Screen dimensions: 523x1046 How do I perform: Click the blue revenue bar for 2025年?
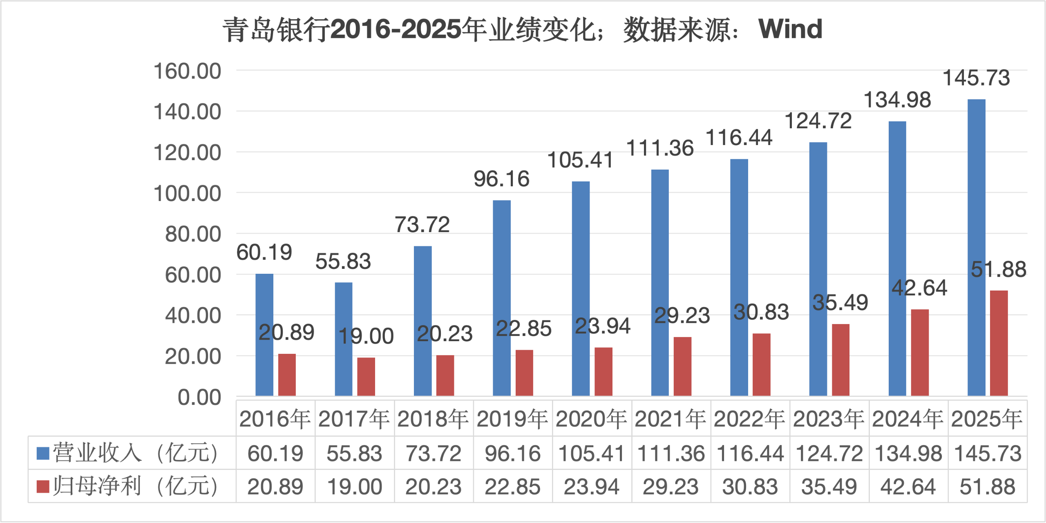[976, 247]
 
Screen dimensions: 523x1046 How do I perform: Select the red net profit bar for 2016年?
[287, 375]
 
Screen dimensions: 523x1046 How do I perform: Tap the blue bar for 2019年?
[502, 298]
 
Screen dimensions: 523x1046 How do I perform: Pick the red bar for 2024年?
[920, 352]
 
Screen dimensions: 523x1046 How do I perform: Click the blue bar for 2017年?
[344, 339]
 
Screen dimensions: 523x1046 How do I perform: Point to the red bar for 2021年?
[682, 366]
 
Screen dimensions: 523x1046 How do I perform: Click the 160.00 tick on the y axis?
[187, 71]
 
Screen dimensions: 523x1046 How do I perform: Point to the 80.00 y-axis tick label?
[193, 235]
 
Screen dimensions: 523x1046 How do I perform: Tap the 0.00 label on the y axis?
[199, 398]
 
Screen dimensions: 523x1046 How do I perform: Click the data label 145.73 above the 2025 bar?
[976, 78]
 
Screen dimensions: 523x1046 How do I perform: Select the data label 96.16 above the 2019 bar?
[501, 179]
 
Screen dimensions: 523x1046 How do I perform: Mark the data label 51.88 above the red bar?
[999, 270]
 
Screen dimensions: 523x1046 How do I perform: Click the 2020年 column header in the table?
[592, 419]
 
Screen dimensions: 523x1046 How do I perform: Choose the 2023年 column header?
[829, 419]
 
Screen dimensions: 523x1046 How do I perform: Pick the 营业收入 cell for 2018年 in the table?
[434, 454]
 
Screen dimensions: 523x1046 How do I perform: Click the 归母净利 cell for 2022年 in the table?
[750, 487]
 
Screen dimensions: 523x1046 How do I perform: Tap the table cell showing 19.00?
[354, 487]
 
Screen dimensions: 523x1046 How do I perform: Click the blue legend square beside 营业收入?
[43, 453]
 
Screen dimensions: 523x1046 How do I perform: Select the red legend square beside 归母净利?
[43, 486]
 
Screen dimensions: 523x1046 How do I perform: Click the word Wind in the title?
[790, 29]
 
